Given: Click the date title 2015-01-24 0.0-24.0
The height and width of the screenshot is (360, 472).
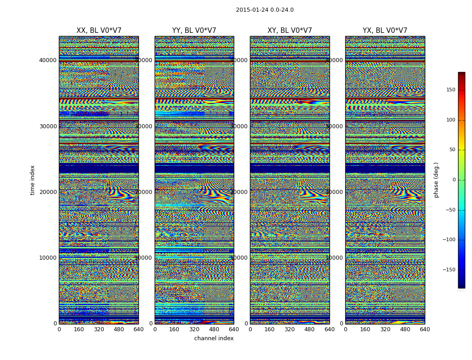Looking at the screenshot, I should (x=265, y=10).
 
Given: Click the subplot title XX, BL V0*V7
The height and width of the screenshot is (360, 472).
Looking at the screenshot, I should (x=99, y=31).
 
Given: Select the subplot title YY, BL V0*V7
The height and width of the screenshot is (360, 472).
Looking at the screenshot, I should (x=194, y=31).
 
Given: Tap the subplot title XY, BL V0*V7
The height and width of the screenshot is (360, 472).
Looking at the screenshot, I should (x=289, y=31).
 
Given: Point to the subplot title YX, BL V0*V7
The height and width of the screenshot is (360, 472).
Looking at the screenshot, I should (x=385, y=31).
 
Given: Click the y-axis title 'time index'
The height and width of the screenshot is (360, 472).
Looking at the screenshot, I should (x=32, y=180).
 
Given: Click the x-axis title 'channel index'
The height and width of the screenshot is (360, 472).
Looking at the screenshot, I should (x=214, y=338).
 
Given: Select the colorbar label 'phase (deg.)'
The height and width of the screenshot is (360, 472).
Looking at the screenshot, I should (x=436, y=180).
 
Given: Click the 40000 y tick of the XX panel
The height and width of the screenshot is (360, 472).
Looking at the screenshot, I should (x=48, y=60).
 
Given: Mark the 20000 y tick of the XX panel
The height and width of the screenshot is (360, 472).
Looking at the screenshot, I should (x=48, y=192).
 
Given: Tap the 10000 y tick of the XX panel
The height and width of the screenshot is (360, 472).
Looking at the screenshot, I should (x=48, y=257).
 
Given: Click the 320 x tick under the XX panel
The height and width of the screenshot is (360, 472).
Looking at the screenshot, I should (x=99, y=329).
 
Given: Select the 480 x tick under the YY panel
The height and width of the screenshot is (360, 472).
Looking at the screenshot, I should (x=214, y=329).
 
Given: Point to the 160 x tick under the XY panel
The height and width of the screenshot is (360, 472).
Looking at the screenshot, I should (x=270, y=329).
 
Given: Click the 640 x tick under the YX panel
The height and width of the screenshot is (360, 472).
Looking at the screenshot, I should (x=425, y=329).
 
